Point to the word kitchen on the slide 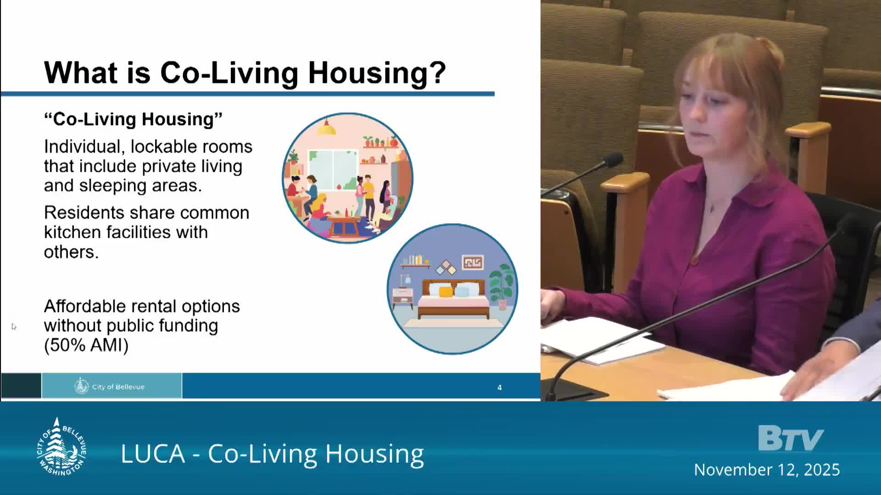[x=72, y=232]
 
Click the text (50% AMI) [x=86, y=345]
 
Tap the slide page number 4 [x=499, y=388]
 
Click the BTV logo [x=790, y=439]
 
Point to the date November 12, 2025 [x=767, y=470]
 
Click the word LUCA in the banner [x=153, y=454]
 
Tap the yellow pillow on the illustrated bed [x=446, y=291]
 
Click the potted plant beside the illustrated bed [x=502, y=284]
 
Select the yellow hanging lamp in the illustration [x=326, y=129]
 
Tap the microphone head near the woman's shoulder [x=612, y=161]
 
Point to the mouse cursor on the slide [x=13, y=326]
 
